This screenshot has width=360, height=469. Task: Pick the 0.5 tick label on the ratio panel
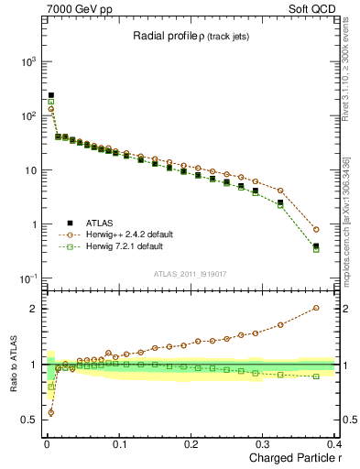30,420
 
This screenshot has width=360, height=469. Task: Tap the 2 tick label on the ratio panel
34,308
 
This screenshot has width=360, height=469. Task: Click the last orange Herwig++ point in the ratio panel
316,308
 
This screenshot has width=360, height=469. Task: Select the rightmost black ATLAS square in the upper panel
316,245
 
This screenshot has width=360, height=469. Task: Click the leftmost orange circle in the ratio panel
50,412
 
